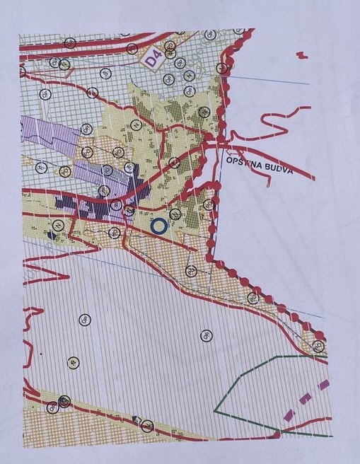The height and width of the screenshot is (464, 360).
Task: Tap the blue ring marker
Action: pyautogui.click(x=158, y=226)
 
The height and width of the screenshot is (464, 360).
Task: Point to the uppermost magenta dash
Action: pyautogui.click(x=324, y=385)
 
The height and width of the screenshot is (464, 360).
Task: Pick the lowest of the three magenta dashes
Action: pyautogui.click(x=289, y=416)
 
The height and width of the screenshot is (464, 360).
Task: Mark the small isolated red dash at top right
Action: pyautogui.click(x=302, y=54)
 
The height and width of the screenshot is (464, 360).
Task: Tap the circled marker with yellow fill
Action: pyautogui.click(x=74, y=362)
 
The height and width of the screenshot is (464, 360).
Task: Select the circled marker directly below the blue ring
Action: pyautogui.click(x=190, y=269)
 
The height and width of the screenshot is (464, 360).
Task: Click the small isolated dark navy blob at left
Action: pyautogui.click(x=50, y=233)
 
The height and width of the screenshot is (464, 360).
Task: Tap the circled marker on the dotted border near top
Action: pyautogui.click(x=223, y=68)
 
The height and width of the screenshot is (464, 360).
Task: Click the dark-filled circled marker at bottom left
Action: pyautogui.click(x=64, y=401)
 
